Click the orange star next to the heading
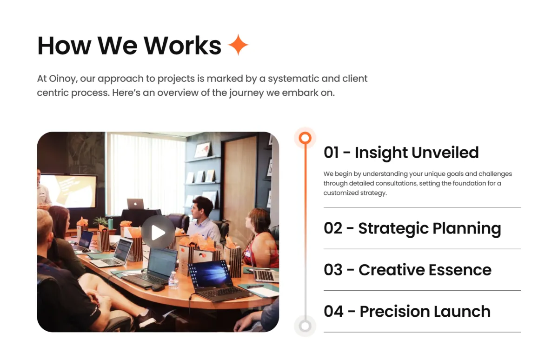click(238, 45)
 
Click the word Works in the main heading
click(183, 46)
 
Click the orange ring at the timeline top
click(305, 138)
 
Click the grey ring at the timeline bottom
click(305, 326)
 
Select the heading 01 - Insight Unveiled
click(401, 153)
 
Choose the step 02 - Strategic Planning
click(412, 228)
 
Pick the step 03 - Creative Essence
click(407, 270)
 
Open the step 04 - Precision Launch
click(407, 312)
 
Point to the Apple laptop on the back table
click(135, 204)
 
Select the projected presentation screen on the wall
click(68, 191)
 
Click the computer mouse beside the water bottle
click(158, 287)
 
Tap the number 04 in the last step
click(333, 312)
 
